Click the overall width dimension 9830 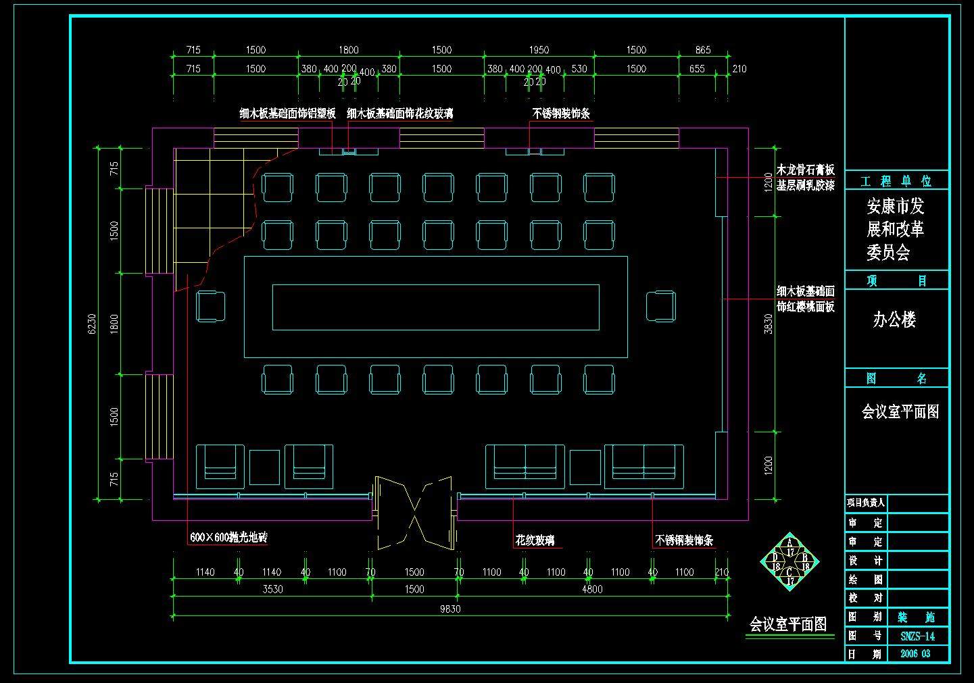coord(450,609)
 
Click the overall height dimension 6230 coord(93,323)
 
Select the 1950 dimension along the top coord(539,50)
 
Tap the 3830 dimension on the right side coord(768,324)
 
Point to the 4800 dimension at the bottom coord(592,589)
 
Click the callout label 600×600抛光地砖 coord(228,538)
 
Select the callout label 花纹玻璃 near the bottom coord(535,540)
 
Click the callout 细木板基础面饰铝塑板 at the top coord(287,113)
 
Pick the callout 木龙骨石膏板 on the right coord(805,170)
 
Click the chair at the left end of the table coord(211,306)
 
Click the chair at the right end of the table coord(660,306)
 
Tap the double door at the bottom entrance coord(414,512)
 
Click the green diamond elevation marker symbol coord(789,560)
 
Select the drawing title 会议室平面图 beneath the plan coord(788,624)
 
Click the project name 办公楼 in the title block coord(894,320)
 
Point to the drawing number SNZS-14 coord(917,636)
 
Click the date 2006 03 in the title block coord(915,654)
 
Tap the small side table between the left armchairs coord(264,467)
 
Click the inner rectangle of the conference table coord(435,307)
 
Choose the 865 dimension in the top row coord(703,50)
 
